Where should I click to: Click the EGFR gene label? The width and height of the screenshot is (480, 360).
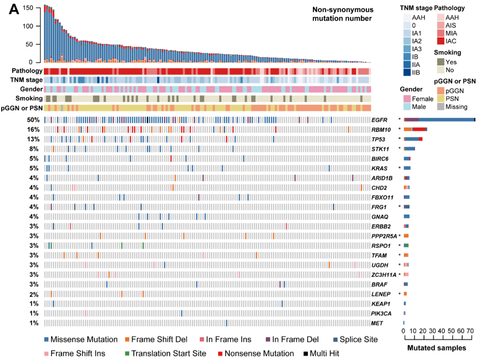[380, 120]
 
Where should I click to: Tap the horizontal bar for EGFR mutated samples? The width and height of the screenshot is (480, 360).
[439, 120]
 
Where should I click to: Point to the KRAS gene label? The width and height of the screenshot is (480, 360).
[380, 168]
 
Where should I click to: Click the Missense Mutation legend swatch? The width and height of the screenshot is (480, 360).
[47, 339]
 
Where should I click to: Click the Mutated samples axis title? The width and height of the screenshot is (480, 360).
[437, 348]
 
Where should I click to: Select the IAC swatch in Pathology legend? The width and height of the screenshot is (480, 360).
[440, 41]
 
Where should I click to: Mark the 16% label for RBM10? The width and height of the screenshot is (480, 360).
[32, 129]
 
